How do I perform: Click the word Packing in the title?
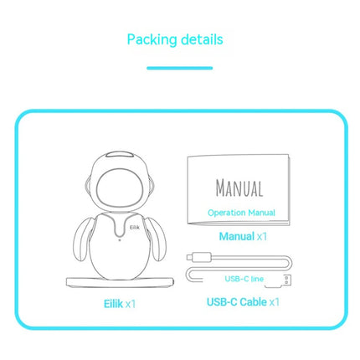(152, 40)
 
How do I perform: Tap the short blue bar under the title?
(180, 68)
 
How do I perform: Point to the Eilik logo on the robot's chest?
(135, 228)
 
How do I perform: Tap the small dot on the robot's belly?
(120, 240)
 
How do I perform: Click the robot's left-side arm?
(84, 238)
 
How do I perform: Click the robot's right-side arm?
(157, 238)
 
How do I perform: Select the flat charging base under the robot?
(120, 282)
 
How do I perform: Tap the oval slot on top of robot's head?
(121, 155)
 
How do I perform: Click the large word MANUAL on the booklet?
(239, 188)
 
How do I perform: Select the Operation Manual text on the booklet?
(241, 213)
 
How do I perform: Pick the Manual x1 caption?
(243, 236)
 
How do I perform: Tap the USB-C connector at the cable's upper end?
(199, 256)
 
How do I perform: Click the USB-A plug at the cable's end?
(288, 280)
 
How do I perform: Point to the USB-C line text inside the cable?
(244, 279)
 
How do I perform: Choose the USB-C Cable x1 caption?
(243, 302)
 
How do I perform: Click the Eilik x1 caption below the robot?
(120, 304)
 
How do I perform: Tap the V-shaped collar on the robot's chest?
(121, 224)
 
